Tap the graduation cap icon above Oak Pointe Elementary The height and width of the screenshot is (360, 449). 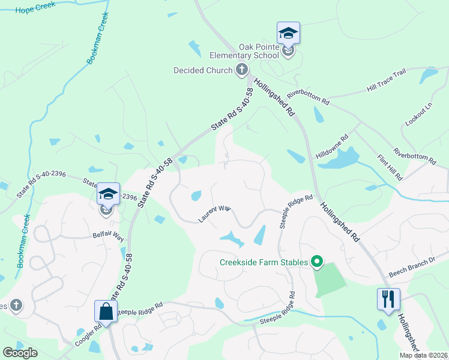[x=288, y=32]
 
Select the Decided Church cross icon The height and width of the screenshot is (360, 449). [x=242, y=70]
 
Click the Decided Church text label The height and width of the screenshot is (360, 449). [x=202, y=70]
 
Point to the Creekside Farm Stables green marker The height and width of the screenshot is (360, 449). [x=316, y=262]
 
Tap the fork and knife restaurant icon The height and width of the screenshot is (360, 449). [x=388, y=298]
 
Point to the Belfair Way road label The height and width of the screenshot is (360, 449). [x=108, y=236]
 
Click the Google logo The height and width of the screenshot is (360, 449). [x=20, y=353]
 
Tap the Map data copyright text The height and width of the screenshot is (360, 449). [x=423, y=355]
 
